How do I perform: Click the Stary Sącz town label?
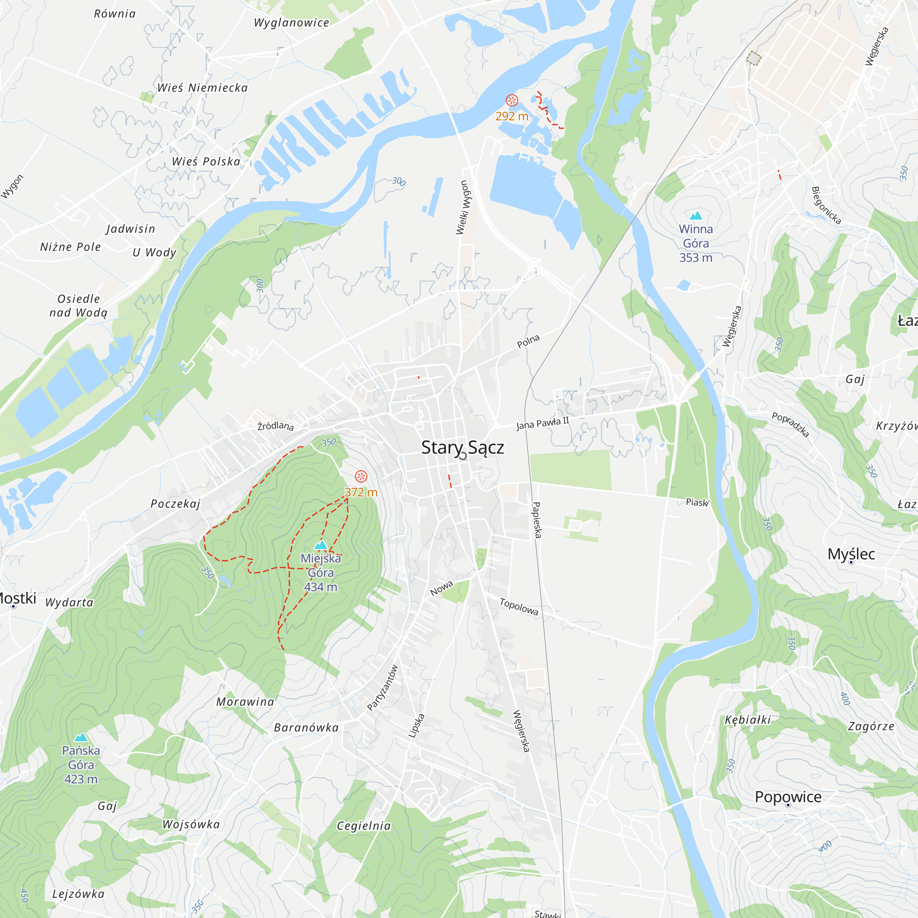click(462, 448)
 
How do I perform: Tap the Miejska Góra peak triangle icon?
click(321, 544)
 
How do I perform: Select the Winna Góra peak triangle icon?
click(696, 216)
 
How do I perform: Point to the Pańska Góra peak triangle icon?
click(81, 737)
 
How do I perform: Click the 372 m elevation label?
click(361, 492)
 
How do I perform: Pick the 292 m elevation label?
click(512, 116)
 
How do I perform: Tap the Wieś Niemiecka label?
click(202, 88)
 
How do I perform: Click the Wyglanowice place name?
click(291, 23)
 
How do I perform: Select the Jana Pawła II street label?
click(543, 423)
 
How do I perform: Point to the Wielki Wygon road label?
click(462, 207)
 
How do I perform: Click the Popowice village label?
click(788, 797)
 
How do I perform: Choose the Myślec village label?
click(851, 554)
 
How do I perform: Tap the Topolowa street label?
click(519, 607)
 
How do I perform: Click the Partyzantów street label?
click(382, 688)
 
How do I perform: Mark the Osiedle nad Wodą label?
click(79, 306)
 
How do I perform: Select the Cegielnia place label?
click(364, 826)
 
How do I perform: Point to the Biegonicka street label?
click(826, 205)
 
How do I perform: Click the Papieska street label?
click(537, 520)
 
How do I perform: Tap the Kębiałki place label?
click(747, 720)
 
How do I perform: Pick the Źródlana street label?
click(275, 426)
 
